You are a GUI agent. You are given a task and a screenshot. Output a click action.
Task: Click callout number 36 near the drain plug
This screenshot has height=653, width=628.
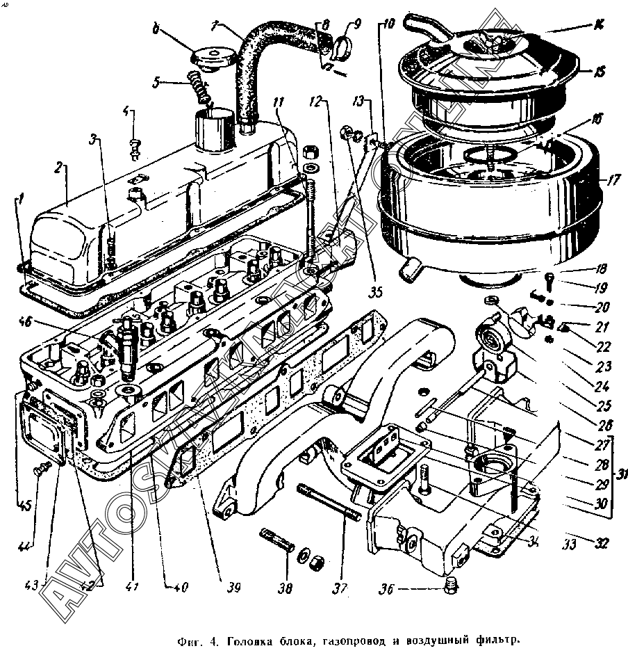(x=387, y=590)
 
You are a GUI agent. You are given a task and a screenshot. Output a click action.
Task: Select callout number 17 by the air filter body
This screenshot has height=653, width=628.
(x=612, y=180)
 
